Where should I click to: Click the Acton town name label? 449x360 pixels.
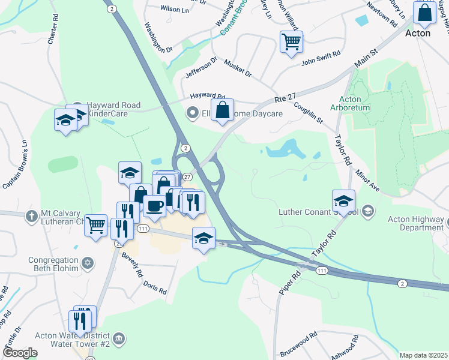[x=418, y=33]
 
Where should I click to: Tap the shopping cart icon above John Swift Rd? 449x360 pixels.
[x=291, y=41]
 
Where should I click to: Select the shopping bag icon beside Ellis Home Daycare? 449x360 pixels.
[x=222, y=110]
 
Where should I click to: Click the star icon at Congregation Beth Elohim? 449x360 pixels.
[x=88, y=262]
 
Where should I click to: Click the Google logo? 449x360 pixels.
[x=20, y=353]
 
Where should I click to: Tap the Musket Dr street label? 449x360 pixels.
[x=238, y=68]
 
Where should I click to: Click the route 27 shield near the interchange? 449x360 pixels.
[x=187, y=177]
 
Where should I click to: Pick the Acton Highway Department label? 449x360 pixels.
[x=415, y=223]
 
